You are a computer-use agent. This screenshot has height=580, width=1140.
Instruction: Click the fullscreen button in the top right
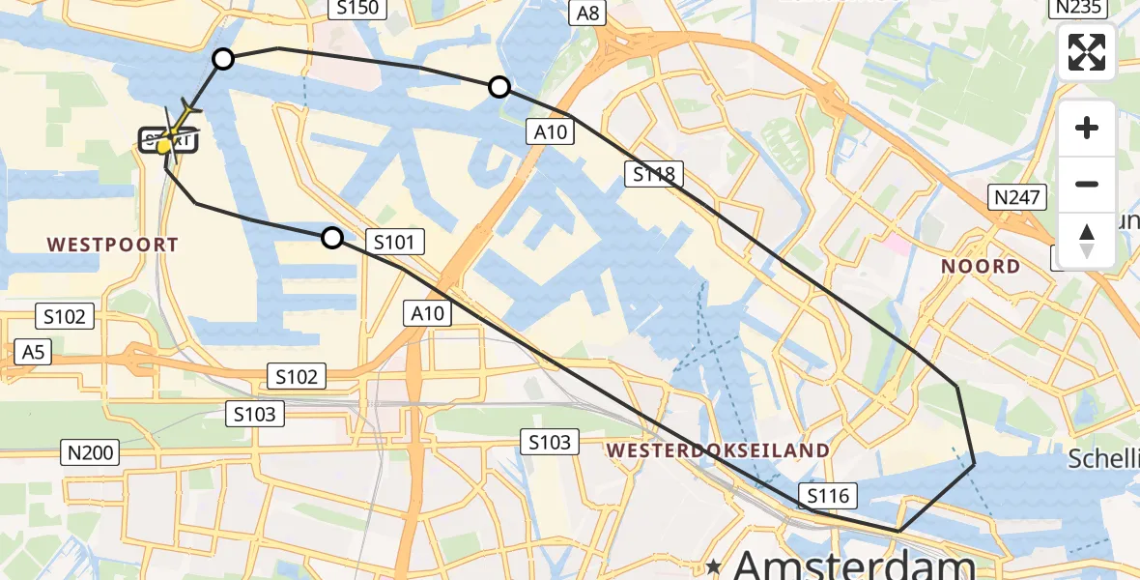point(1087,52)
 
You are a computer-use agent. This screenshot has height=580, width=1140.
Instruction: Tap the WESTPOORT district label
point(114,245)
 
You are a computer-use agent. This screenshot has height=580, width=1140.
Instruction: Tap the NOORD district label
point(982,266)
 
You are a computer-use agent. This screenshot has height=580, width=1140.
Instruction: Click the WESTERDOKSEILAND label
point(717,450)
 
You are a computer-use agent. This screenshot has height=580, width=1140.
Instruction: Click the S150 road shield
point(357,9)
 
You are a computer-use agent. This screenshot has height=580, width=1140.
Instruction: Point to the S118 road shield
point(654,174)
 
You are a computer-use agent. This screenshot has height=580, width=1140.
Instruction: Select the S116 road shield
point(828,497)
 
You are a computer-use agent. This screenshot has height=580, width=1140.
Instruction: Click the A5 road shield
point(33,352)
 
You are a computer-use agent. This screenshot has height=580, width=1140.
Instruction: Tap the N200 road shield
point(91,451)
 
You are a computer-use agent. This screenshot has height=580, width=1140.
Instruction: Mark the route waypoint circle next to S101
point(331,238)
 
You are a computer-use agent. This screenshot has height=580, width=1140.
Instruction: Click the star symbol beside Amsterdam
point(714,565)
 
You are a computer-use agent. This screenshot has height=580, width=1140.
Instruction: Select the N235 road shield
point(1076,8)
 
